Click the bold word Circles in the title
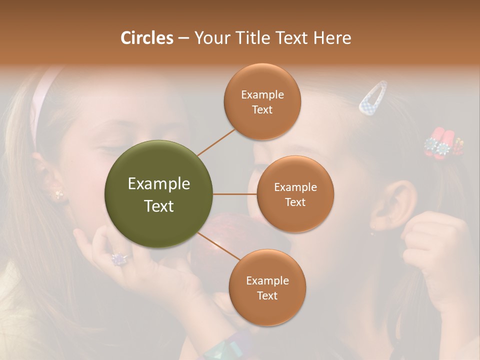coord(147,38)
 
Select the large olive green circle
coord(159,194)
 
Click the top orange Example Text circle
coord(262,101)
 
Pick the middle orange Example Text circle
coord(295,194)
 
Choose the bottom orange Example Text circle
coord(267,287)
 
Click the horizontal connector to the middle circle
coord(235,194)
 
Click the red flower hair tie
coord(442,142)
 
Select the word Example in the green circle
coord(159,184)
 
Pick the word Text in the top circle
coord(262,109)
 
